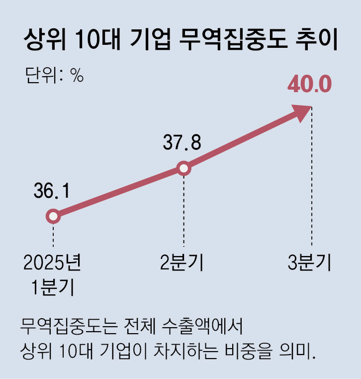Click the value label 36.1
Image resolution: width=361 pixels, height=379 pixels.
51,190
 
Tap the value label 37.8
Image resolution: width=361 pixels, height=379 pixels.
182,143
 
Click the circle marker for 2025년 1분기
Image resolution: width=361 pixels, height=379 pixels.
53,217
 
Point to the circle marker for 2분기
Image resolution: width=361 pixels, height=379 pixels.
184,168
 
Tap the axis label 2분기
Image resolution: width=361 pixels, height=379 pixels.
183,263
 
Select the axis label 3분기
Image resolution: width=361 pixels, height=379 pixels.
310,263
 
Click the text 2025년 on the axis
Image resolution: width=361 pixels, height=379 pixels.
52,263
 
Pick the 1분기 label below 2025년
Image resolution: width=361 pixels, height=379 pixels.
52,287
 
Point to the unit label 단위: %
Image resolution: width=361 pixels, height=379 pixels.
54,76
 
